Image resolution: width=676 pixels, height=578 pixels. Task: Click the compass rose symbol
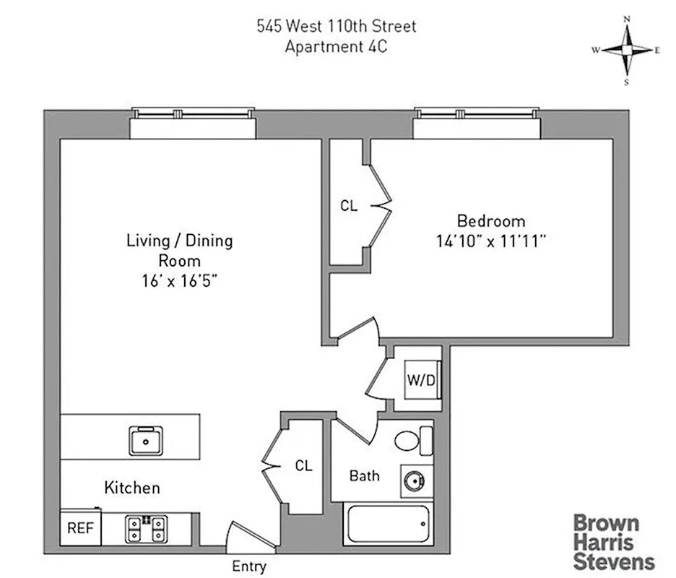pos(628,50)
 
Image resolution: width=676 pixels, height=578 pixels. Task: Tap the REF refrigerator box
pos(81,528)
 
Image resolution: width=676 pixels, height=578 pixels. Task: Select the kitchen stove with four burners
pos(145,529)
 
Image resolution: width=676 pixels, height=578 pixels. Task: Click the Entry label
pos(249,566)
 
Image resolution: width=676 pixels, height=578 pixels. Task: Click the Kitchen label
pos(132,488)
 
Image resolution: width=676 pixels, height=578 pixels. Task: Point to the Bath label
pos(365,475)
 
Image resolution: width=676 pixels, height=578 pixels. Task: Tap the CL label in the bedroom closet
pos(349,206)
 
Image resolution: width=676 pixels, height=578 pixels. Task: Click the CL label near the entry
pos(304,466)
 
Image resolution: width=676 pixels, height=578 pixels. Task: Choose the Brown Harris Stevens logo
pos(614,541)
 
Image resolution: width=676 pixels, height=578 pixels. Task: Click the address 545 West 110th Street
pos(337,27)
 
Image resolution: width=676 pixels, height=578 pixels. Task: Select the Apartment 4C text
pos(337,47)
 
